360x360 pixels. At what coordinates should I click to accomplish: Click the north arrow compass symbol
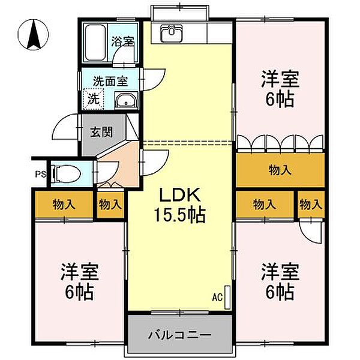34,35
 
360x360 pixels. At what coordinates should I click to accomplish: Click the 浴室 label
123,41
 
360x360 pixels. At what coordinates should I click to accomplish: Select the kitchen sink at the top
172,33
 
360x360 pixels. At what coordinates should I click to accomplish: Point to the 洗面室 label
110,81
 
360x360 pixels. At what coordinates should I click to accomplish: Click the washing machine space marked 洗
94,99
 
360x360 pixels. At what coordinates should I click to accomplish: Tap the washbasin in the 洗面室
126,101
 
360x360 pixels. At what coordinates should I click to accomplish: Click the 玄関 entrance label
101,132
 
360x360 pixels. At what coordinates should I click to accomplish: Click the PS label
41,174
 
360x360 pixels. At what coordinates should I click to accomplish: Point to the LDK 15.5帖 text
180,206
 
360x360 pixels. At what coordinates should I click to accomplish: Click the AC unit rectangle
227,297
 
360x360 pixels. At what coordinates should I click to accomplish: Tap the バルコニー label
179,335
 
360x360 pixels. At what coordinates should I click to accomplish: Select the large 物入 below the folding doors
280,170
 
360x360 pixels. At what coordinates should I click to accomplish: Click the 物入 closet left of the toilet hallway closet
64,205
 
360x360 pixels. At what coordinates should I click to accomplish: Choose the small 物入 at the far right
311,205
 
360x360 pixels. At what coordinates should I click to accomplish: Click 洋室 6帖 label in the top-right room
280,89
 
